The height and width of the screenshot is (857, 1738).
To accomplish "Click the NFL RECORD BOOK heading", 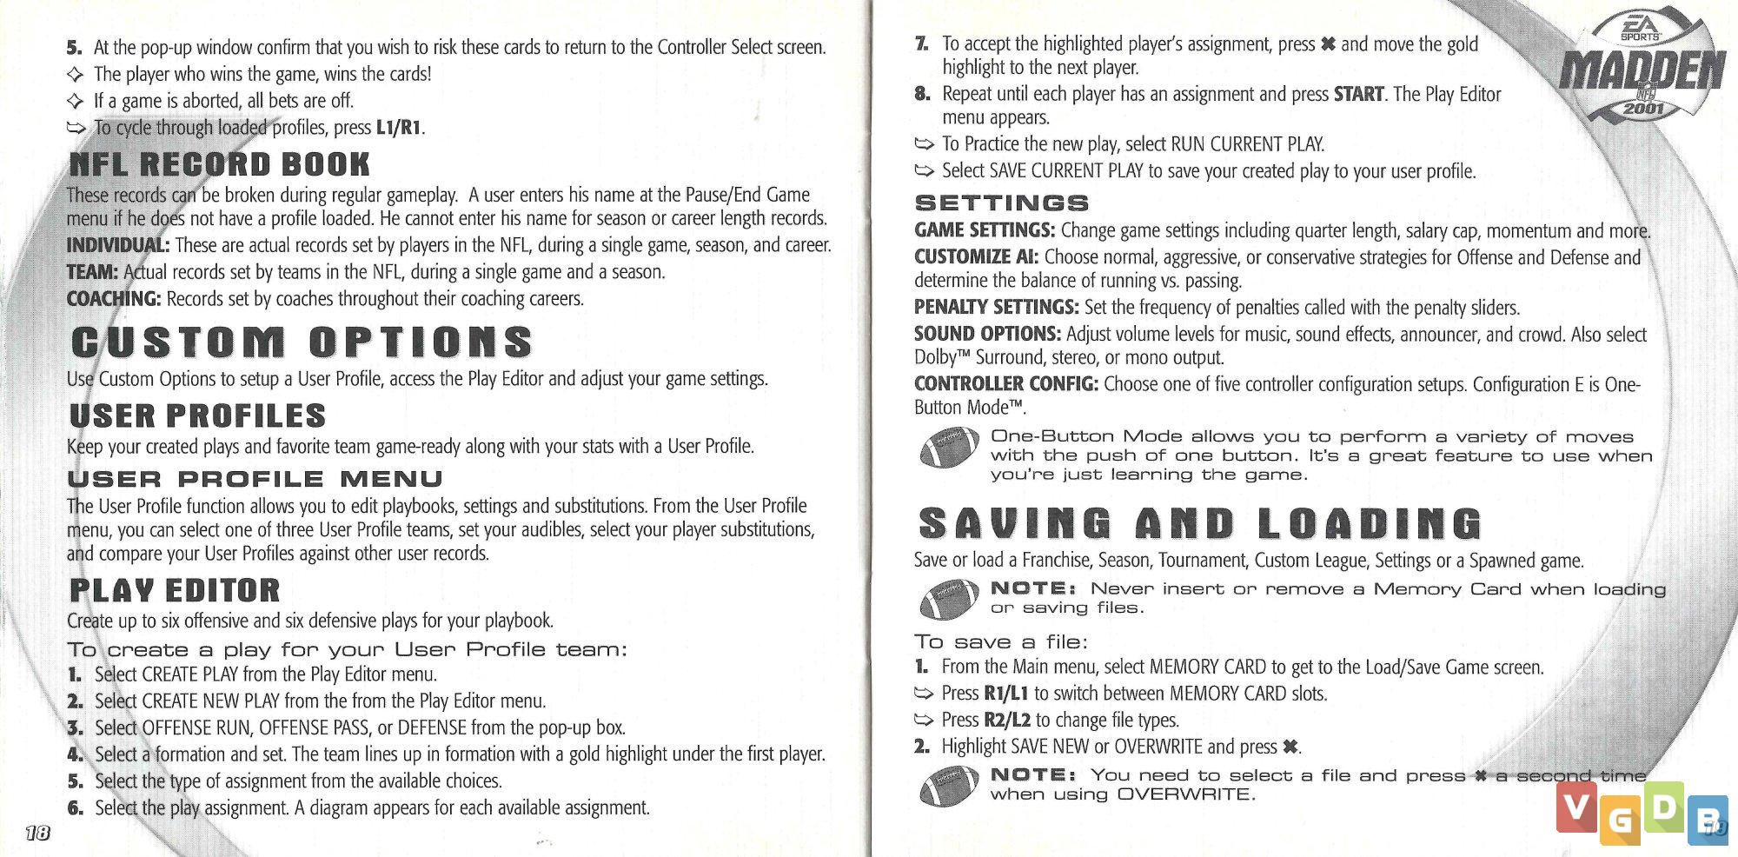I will (x=219, y=164).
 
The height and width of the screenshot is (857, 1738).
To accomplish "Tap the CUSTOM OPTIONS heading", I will (x=301, y=342).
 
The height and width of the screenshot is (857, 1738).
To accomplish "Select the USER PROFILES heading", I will (x=197, y=416).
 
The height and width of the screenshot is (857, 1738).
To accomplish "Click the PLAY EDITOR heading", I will (x=175, y=591).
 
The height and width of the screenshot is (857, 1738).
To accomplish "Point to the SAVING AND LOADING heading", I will (x=1199, y=524).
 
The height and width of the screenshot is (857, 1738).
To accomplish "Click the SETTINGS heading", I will (x=1001, y=203).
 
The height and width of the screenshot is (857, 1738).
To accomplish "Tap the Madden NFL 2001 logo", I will (x=1642, y=70).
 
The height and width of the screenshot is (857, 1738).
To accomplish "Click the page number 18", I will (x=37, y=834).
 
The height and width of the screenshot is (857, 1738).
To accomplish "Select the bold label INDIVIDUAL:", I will (x=118, y=246).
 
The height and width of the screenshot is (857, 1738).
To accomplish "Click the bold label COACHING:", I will (x=114, y=299).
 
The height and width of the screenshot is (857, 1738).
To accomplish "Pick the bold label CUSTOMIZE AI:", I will (x=976, y=257).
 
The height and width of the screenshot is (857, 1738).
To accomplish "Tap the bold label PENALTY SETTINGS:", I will (x=996, y=308).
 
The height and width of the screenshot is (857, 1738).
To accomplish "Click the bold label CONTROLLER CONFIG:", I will (x=1005, y=384).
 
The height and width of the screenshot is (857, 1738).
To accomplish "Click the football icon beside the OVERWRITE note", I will (x=949, y=787).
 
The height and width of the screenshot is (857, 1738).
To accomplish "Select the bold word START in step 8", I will (x=1358, y=94).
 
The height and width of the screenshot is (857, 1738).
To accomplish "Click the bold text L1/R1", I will (x=399, y=128).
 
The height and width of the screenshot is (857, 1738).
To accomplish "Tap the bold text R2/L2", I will (x=1006, y=721).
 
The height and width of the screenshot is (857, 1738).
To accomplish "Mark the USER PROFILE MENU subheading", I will (x=255, y=479).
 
